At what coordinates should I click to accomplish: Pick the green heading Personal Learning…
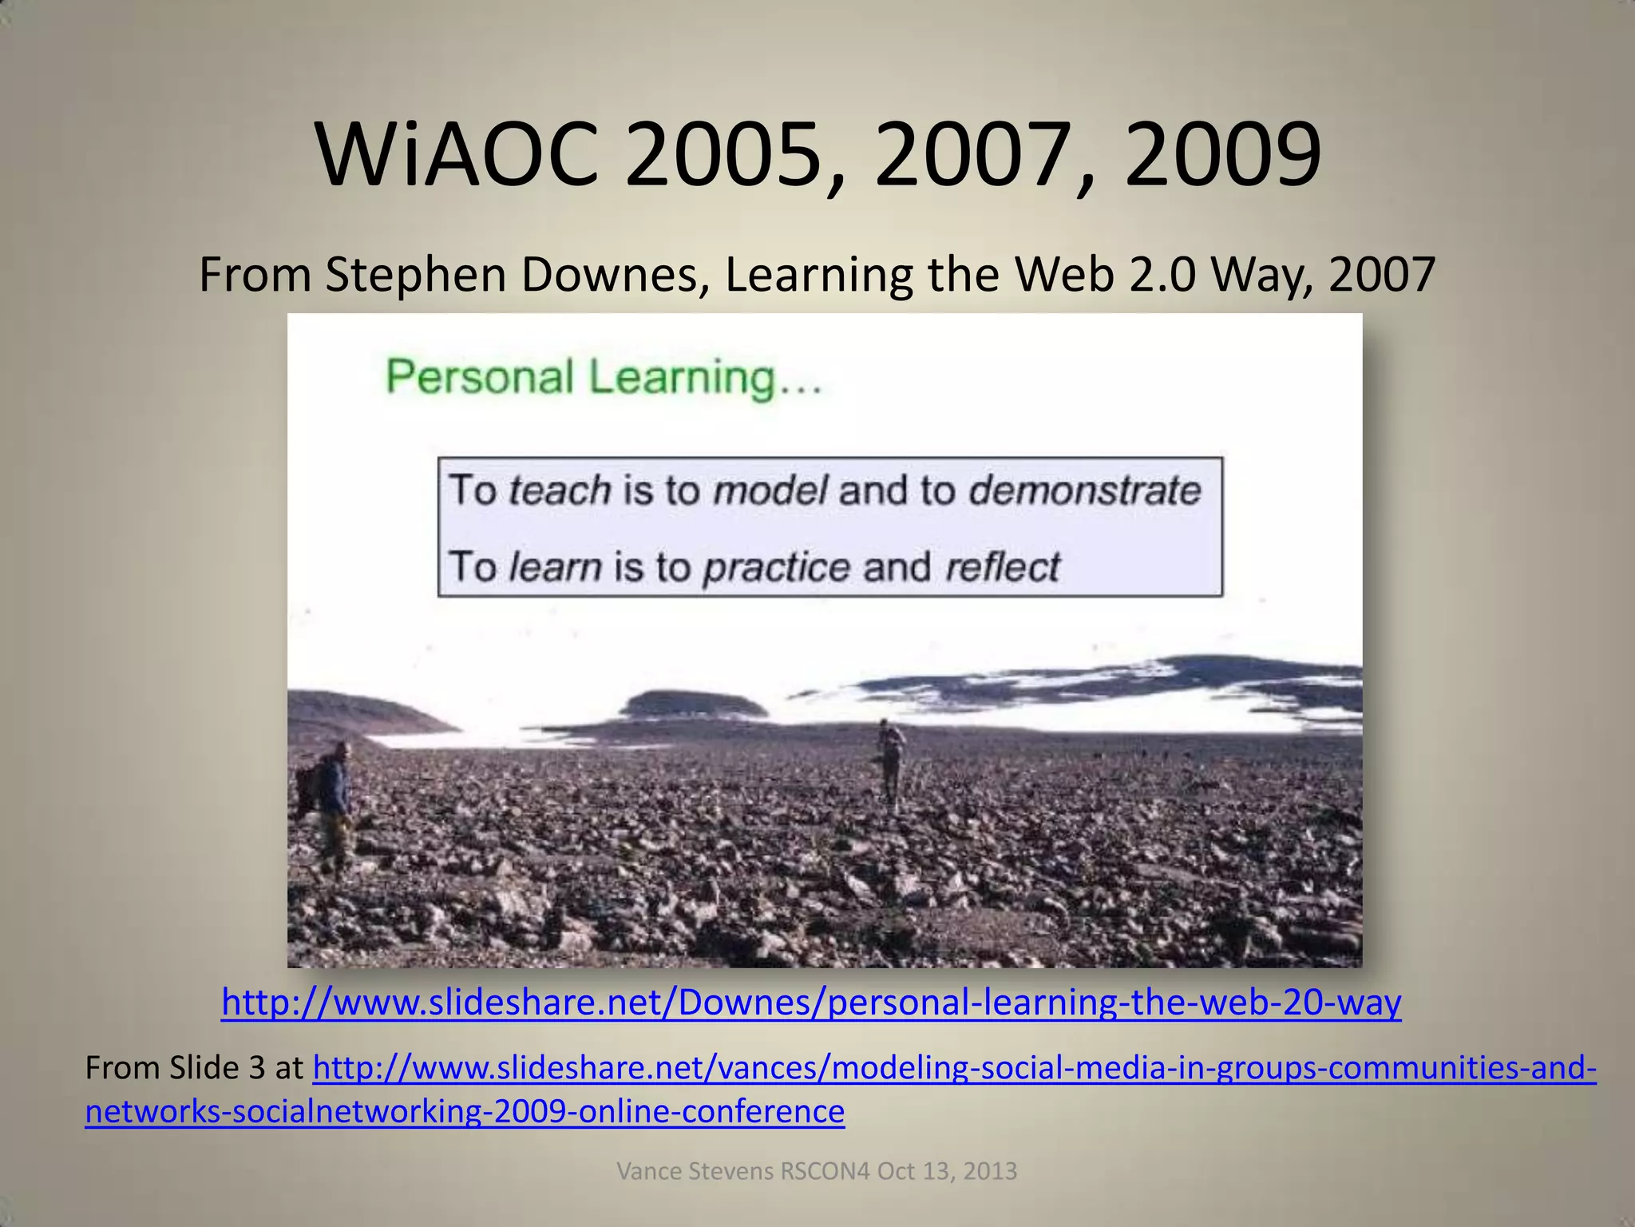coord(604,377)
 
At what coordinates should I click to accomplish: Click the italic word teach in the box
coord(560,490)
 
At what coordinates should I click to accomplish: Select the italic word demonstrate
coord(1084,490)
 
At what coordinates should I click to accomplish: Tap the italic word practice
coord(777,567)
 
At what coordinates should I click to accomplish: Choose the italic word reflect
coord(1002,567)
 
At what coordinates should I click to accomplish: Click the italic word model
coord(770,490)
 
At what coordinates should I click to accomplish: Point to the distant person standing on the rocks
coord(891,759)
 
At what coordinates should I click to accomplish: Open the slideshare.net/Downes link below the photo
coord(811,1002)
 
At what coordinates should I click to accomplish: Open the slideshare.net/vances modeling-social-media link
coord(954,1067)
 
